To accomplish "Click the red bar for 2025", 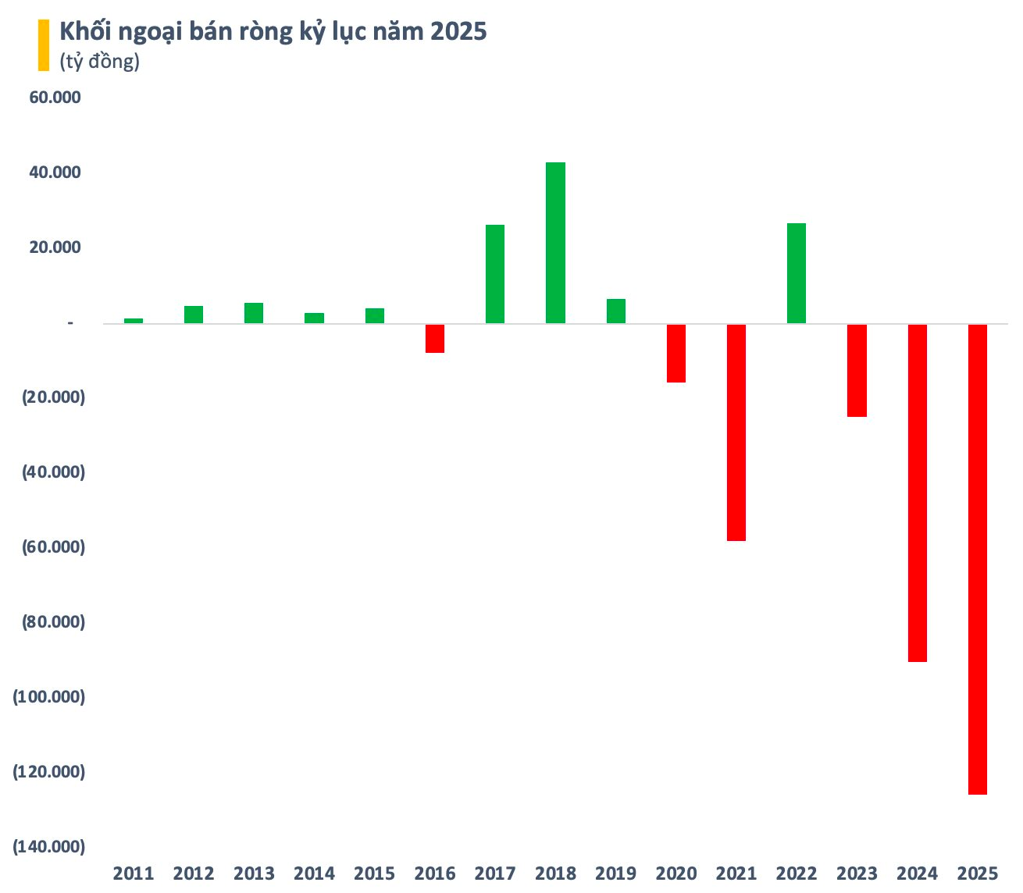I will coord(977,559).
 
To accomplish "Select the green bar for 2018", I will coord(555,243).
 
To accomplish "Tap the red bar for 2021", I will coord(736,432).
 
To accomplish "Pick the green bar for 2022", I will coord(797,273).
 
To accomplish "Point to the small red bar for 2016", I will coord(435,338).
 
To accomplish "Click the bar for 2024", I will coord(917,493).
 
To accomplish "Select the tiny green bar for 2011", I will coord(134,320).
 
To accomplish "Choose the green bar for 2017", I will coord(495,274).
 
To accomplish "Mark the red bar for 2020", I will coord(676,353).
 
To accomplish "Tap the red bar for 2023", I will coord(857,370).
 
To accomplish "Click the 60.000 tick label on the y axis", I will coord(55,98).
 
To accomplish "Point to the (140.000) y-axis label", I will coord(48,846).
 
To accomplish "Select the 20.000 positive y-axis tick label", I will coord(55,247).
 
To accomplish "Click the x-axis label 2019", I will coord(615,873).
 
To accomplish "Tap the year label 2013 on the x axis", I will coord(254,873).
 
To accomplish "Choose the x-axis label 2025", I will coord(977,873).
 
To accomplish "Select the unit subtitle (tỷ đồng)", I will coord(100,62).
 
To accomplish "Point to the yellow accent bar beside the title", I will coord(44,45).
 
